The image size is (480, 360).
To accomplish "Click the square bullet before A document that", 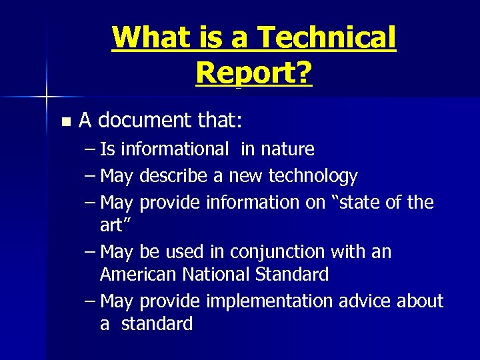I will [65, 122].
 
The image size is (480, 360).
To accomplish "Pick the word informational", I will [175, 149].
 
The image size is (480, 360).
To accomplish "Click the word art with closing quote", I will [113, 225].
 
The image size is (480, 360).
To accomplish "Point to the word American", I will [139, 274].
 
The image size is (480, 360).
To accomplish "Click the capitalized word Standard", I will [298, 274].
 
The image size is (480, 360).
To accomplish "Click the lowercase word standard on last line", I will [157, 324].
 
